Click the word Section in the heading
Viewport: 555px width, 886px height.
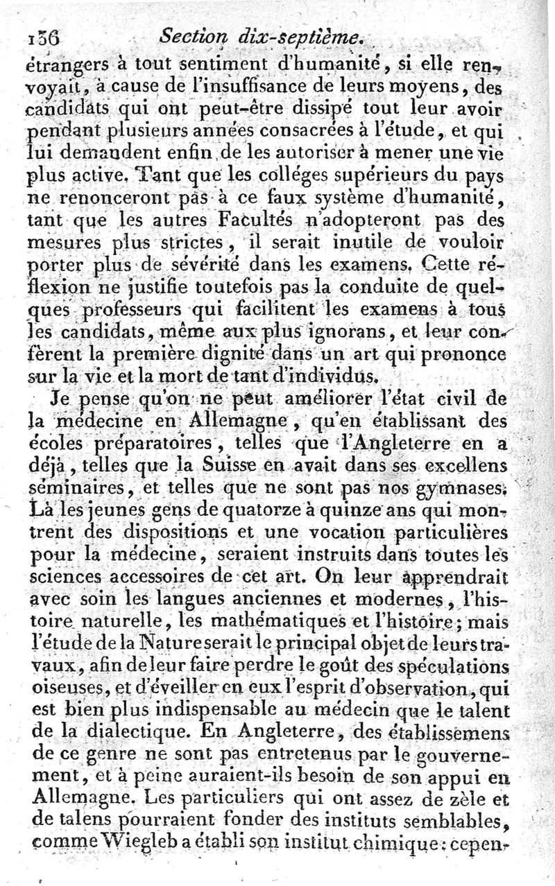[x=186, y=36]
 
